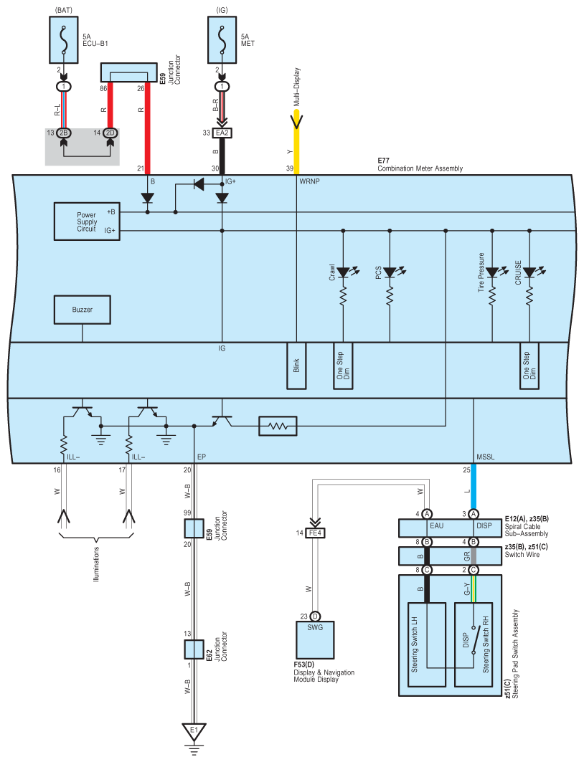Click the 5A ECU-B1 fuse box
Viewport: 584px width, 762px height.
(64, 40)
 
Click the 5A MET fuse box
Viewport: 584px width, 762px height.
(222, 40)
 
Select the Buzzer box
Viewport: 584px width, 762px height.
(83, 310)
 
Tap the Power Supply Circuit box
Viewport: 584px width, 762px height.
(87, 222)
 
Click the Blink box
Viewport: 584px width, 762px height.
(296, 366)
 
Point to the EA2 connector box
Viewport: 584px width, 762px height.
(222, 133)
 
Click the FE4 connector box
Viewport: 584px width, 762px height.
(315, 533)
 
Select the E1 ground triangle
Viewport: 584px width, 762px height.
(194, 731)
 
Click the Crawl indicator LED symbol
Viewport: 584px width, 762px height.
(344, 272)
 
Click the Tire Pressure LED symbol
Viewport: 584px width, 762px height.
(494, 272)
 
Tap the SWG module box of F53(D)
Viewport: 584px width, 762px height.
(315, 640)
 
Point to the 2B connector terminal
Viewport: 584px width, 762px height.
(63, 133)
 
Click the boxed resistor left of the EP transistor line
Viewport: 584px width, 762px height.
(278, 427)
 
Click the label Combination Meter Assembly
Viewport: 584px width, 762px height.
(420, 168)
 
